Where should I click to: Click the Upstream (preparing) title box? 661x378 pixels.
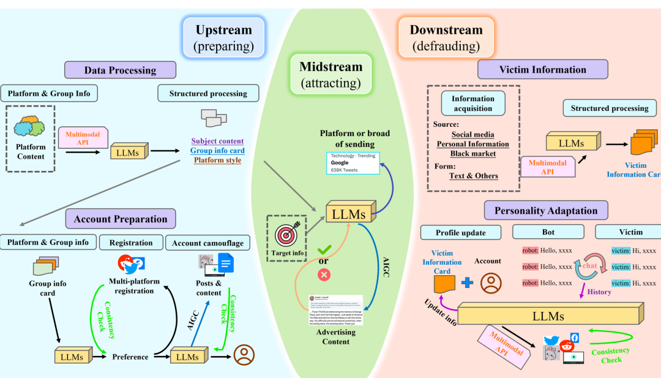pos(223,37)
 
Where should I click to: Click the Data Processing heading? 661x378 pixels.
pos(120,70)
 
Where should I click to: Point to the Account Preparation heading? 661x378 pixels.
pos(121,219)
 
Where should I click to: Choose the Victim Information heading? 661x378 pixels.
pos(542,69)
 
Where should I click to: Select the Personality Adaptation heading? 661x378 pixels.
pos(546,210)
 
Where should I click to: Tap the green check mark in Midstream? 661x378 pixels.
pos(324,250)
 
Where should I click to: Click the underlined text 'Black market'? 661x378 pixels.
pos(473,153)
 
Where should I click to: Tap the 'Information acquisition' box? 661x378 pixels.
pos(473,104)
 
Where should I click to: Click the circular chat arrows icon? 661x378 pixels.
pos(590,266)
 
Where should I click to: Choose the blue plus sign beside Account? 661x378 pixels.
pos(467,282)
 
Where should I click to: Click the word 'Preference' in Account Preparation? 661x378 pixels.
pos(131,357)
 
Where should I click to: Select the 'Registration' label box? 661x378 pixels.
pos(131,242)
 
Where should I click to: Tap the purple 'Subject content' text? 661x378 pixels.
pos(217,141)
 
